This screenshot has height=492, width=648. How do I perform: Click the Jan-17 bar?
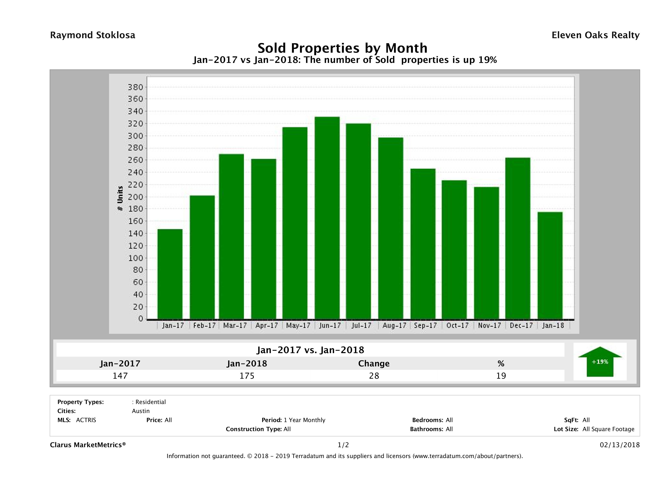click(x=170, y=274)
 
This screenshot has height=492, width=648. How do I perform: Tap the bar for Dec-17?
click(x=518, y=238)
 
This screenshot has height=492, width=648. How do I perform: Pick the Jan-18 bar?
click(x=550, y=265)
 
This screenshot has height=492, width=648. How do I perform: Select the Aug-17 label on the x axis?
click(x=394, y=325)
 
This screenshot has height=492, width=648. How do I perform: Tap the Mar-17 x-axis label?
click(x=235, y=325)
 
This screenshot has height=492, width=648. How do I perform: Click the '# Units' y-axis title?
click(x=120, y=199)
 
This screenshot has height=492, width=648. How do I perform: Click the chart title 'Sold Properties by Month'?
click(x=342, y=48)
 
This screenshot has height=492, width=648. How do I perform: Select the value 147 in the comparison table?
click(x=120, y=376)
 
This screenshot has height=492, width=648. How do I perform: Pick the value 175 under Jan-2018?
click(x=247, y=376)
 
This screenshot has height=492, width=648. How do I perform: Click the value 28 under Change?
click(x=374, y=376)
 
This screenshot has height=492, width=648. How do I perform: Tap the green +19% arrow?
click(x=600, y=362)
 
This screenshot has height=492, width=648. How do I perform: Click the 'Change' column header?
click(x=374, y=364)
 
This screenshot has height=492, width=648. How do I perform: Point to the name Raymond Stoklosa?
click(x=93, y=35)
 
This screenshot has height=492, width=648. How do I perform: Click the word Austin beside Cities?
click(x=141, y=411)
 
